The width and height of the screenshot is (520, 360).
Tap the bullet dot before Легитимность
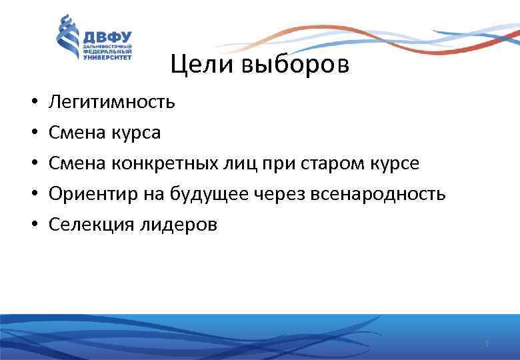[x=32, y=103]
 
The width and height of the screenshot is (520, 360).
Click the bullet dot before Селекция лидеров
[x=32, y=225]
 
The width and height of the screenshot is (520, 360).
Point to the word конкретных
[x=161, y=163]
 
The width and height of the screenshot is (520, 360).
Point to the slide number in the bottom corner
[x=487, y=343]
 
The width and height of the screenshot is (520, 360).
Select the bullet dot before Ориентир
[x=32, y=195]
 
